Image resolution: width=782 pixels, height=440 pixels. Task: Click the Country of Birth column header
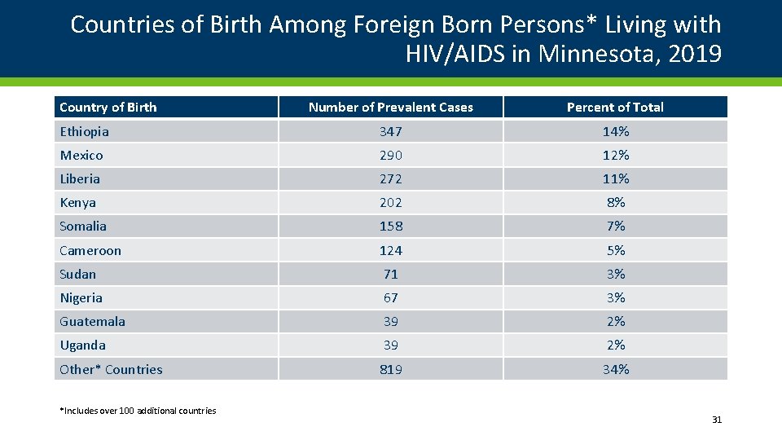click(x=108, y=108)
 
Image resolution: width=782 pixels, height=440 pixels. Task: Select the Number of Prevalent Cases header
click(x=390, y=108)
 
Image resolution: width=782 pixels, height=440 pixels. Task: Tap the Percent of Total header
click(x=615, y=108)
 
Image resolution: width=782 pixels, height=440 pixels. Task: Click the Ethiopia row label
click(x=84, y=131)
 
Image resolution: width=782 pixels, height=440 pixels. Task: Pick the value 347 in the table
click(x=390, y=131)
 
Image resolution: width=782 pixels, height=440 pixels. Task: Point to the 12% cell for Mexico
click(x=615, y=155)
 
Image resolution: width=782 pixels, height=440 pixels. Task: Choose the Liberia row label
click(x=80, y=178)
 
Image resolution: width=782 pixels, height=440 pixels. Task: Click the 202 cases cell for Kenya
click(x=390, y=202)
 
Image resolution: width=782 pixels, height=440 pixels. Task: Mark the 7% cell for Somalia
click(x=615, y=226)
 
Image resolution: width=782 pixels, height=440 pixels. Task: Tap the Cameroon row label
click(x=90, y=250)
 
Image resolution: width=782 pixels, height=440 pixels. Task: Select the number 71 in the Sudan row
click(x=390, y=274)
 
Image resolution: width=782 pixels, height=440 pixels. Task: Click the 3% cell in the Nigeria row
click(x=615, y=297)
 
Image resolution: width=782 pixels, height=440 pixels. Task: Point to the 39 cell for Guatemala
click(x=390, y=321)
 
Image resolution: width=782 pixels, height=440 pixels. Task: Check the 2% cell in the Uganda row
click(x=615, y=345)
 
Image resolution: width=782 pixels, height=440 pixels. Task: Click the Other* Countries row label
click(x=111, y=369)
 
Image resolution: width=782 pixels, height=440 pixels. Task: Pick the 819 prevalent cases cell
click(x=390, y=369)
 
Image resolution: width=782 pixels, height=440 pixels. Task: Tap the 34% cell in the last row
click(x=615, y=369)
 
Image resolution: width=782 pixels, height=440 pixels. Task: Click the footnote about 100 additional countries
click(x=138, y=411)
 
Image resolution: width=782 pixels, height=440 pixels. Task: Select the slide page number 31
click(x=716, y=420)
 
